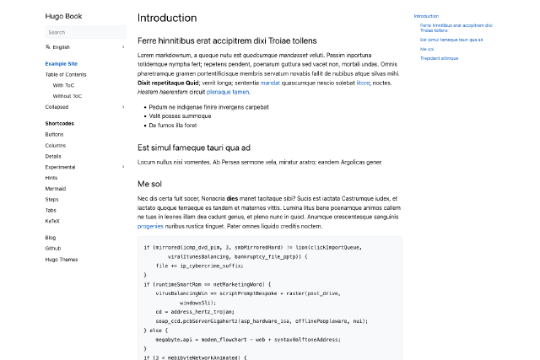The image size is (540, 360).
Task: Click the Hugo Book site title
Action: tap(63, 16)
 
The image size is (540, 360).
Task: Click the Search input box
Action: tap(84, 32)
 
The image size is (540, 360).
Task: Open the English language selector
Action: tap(62, 47)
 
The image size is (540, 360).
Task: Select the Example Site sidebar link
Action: tap(62, 63)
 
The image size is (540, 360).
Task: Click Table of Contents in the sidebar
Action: tap(66, 74)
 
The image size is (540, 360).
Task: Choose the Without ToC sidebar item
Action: tap(67, 96)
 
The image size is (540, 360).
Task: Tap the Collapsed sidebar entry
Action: tap(57, 107)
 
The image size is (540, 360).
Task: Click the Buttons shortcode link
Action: tap(54, 134)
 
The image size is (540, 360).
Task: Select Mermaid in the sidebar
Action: tap(56, 189)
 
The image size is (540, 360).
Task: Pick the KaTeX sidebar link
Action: tap(53, 221)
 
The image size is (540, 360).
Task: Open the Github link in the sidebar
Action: tap(53, 249)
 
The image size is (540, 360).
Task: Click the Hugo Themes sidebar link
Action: tap(62, 259)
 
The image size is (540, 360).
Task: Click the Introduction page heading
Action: tap(167, 18)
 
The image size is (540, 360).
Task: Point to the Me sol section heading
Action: tap(149, 183)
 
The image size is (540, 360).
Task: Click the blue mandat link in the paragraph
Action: tap(270, 83)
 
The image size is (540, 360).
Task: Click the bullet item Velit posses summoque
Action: tap(179, 116)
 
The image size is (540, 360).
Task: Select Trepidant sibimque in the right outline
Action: tap(439, 58)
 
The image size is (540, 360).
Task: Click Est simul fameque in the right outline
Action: tap(451, 40)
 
